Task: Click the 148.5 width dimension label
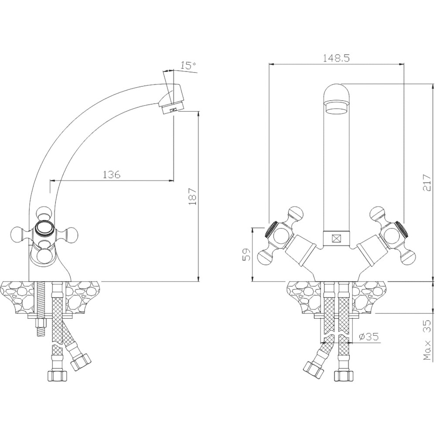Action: point(336,58)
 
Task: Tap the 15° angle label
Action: point(188,66)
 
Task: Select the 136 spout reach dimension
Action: point(112,175)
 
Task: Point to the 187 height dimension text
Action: point(192,197)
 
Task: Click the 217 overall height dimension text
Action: point(426,183)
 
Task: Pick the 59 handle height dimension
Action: point(247,255)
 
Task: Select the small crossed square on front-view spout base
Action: point(337,239)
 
